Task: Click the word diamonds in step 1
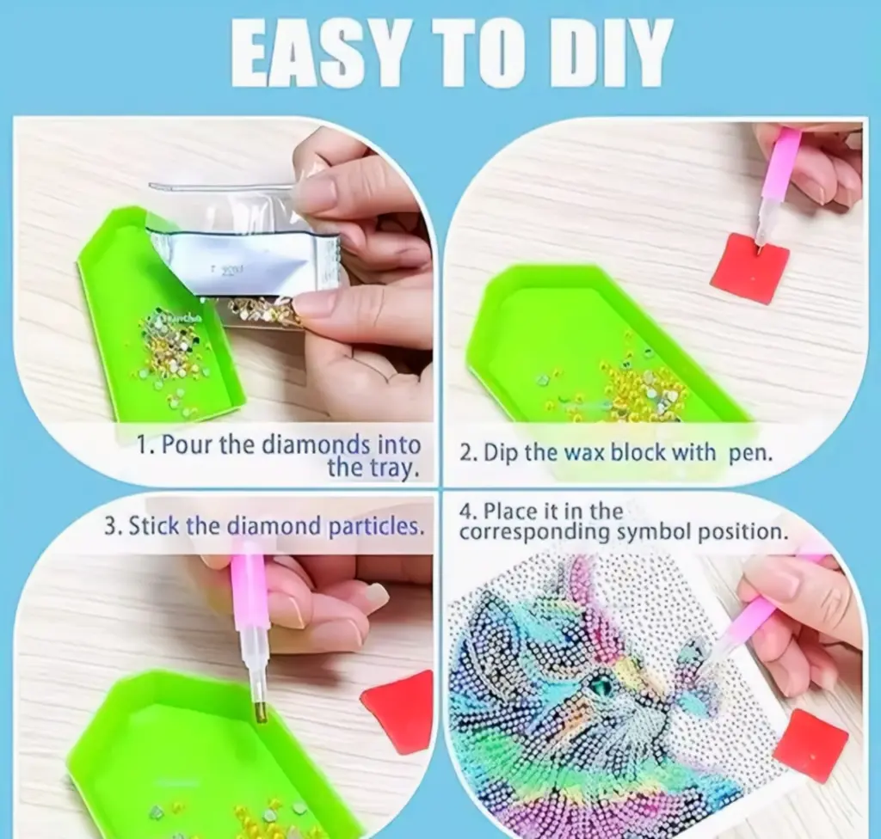pos(317,445)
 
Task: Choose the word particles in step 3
pos(375,527)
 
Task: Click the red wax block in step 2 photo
pos(749,268)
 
